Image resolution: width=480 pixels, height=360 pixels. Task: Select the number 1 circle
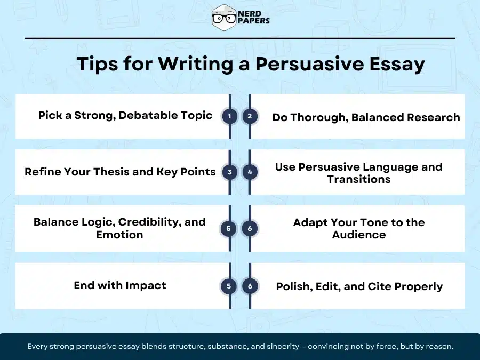tap(229, 116)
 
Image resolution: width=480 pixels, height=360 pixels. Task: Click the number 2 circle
tap(250, 116)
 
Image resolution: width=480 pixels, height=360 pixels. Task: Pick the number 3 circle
tap(229, 172)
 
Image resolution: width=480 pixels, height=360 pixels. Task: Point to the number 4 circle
tap(250, 172)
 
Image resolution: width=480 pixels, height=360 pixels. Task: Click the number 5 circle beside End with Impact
tap(229, 286)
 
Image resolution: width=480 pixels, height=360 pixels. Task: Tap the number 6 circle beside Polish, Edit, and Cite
tap(250, 286)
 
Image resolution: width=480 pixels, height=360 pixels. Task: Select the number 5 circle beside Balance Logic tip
tap(228, 228)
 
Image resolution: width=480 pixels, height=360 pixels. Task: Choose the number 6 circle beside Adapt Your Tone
tap(250, 228)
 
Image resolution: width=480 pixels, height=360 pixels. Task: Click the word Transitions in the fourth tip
tap(358, 179)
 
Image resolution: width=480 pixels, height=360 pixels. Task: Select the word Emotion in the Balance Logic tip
tap(119, 235)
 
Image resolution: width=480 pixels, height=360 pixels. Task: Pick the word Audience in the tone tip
tap(358, 235)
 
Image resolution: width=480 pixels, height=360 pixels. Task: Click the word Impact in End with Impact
tap(147, 285)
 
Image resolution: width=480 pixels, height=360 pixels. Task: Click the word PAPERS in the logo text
tap(254, 21)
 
